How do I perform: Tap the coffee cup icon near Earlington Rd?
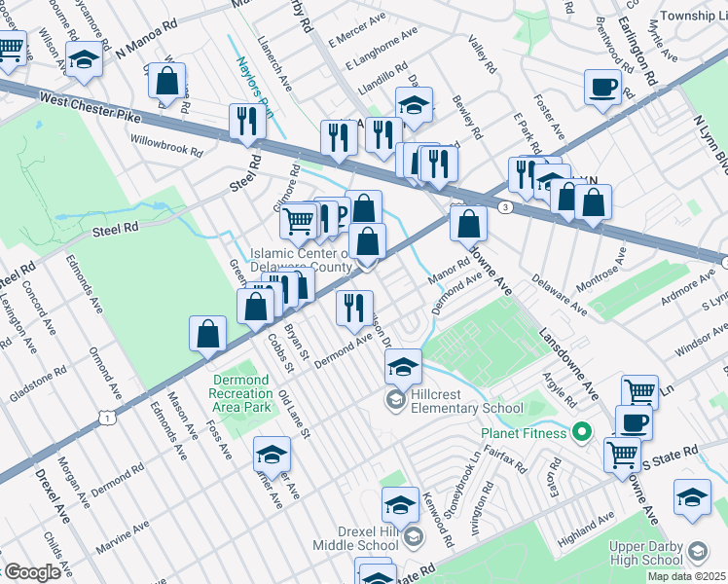[x=602, y=88]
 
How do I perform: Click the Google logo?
[x=31, y=572]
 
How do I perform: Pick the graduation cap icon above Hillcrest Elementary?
[x=402, y=367]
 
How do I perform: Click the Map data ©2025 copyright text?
[x=686, y=576]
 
